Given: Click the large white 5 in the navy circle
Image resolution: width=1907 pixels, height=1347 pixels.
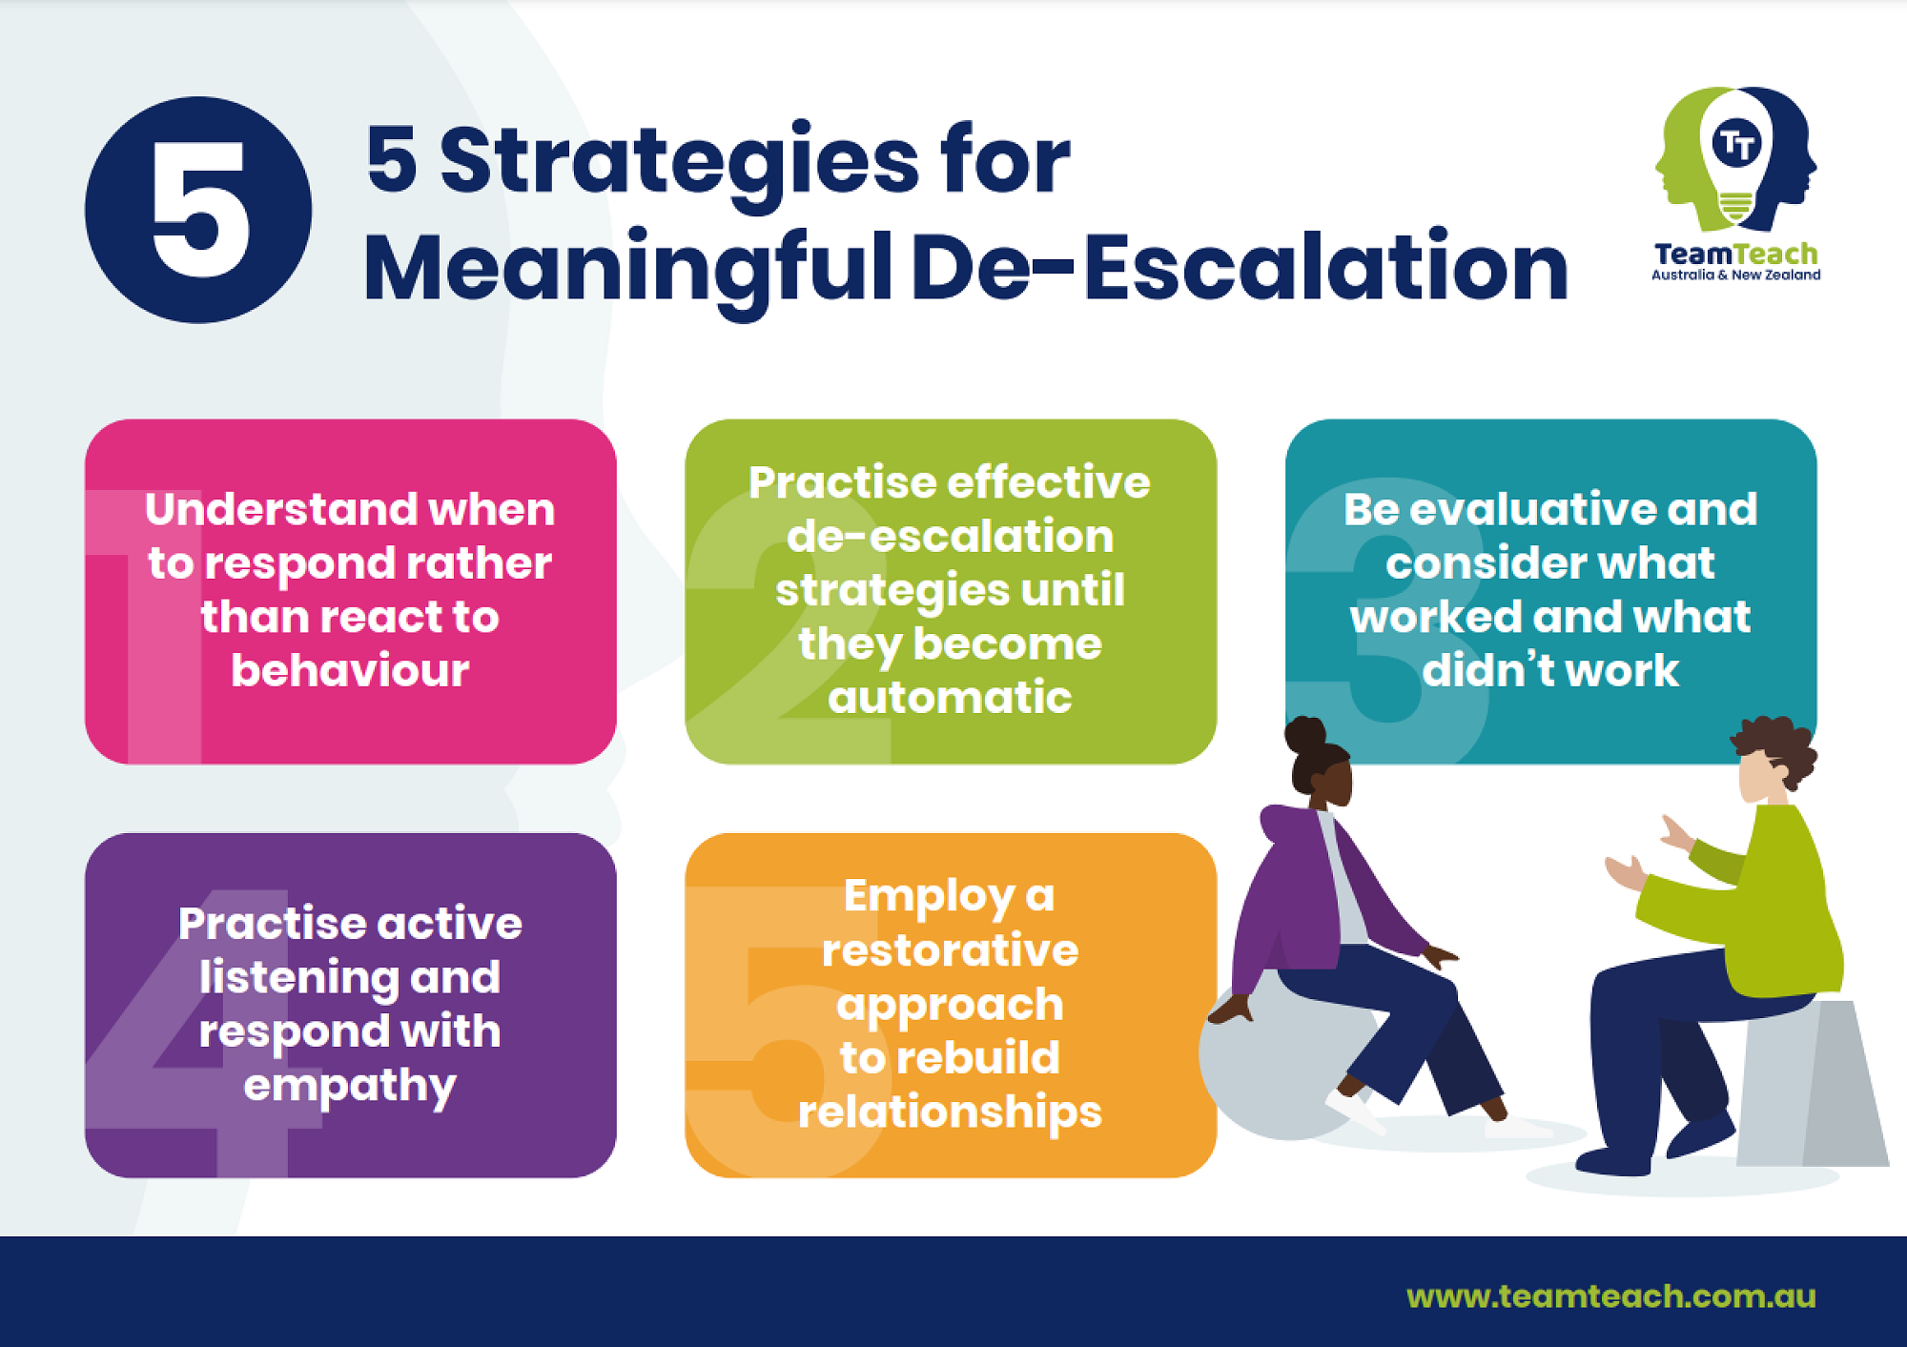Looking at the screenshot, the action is pos(201,210).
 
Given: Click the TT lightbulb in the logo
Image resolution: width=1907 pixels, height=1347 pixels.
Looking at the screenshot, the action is pos(1736,157).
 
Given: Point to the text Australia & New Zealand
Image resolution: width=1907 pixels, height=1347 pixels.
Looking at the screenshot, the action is pos(1735,275).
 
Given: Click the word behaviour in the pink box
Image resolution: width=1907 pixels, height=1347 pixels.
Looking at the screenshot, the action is pos(350,670).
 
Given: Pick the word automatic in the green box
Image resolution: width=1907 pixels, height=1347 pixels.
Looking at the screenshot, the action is pos(950,697).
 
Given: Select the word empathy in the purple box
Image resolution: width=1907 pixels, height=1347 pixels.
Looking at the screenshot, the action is pos(350,1087).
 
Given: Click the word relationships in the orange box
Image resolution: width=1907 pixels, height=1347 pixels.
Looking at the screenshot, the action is pos(950,1112).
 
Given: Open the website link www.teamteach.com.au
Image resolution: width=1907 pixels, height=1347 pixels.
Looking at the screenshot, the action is pos(1610,1296).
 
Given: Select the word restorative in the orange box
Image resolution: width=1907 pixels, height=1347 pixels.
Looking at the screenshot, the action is pos(950,950).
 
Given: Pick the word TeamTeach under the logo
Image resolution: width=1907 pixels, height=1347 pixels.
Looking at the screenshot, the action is pos(1735,255).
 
